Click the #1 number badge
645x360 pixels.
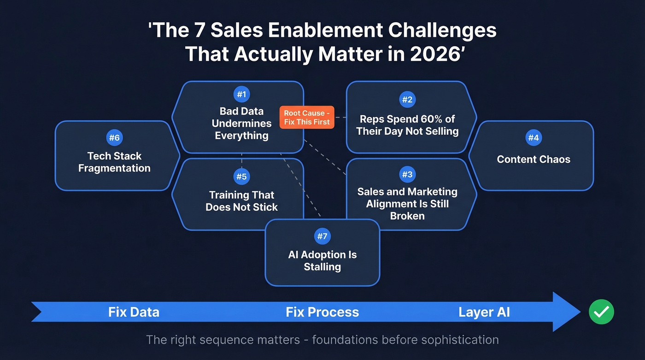click(x=241, y=95)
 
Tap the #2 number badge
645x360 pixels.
click(x=407, y=100)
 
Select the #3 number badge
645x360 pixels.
click(x=407, y=175)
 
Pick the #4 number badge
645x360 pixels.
click(x=534, y=137)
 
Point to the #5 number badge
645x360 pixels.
click(x=241, y=177)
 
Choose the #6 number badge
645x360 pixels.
click(x=114, y=137)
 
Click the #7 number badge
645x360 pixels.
click(x=322, y=236)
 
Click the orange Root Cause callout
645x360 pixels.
click(x=307, y=118)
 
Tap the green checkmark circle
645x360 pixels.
click(x=601, y=312)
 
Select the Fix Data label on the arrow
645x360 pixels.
click(x=134, y=312)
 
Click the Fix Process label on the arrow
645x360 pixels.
click(x=322, y=312)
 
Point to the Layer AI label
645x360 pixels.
click(x=484, y=312)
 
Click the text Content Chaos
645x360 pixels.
click(x=534, y=159)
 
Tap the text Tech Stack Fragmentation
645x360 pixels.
click(x=114, y=162)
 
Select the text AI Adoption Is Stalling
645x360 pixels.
click(x=322, y=260)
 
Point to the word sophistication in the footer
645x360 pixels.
click(x=455, y=340)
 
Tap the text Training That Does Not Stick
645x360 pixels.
click(x=241, y=201)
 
